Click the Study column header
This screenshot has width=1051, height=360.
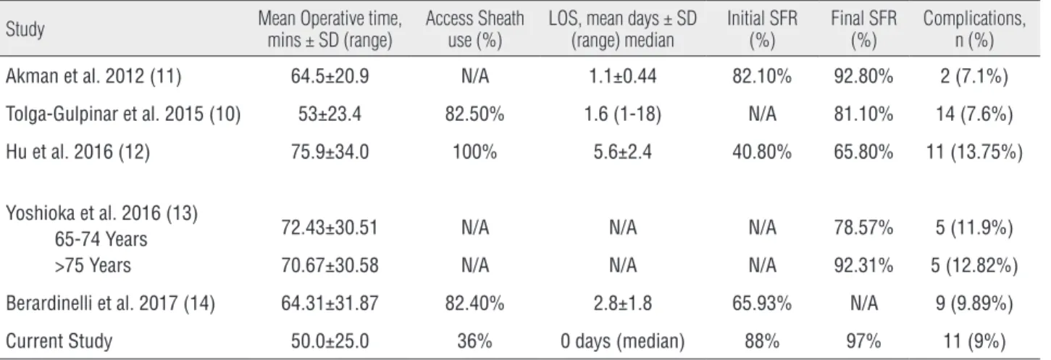[x=25, y=29]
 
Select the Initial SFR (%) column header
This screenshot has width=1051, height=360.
[x=762, y=29]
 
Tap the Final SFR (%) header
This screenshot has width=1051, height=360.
[x=863, y=29]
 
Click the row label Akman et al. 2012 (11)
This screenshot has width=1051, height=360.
[x=93, y=76]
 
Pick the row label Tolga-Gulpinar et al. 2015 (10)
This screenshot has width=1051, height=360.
[x=123, y=114]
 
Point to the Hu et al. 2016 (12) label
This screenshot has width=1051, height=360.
[x=78, y=152]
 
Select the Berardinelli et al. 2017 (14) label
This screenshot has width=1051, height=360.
[x=110, y=304]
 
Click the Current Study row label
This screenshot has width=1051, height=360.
[x=59, y=341]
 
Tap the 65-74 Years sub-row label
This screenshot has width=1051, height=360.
[x=101, y=239]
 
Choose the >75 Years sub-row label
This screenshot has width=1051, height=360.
[x=93, y=266]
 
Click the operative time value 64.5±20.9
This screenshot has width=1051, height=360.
[x=330, y=76]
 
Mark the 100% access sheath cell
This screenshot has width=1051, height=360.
[x=474, y=152]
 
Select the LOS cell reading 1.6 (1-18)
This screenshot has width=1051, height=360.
[x=623, y=114]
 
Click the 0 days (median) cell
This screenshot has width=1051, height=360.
[x=623, y=341]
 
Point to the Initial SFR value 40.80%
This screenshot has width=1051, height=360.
[x=762, y=152]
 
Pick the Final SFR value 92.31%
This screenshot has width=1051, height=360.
[x=863, y=266]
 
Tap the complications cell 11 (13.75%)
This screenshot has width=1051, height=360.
[x=974, y=152]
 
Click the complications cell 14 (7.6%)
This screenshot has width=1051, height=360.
[x=974, y=114]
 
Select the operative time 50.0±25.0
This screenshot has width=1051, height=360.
[x=330, y=341]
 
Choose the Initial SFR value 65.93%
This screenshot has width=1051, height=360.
[x=762, y=304]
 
